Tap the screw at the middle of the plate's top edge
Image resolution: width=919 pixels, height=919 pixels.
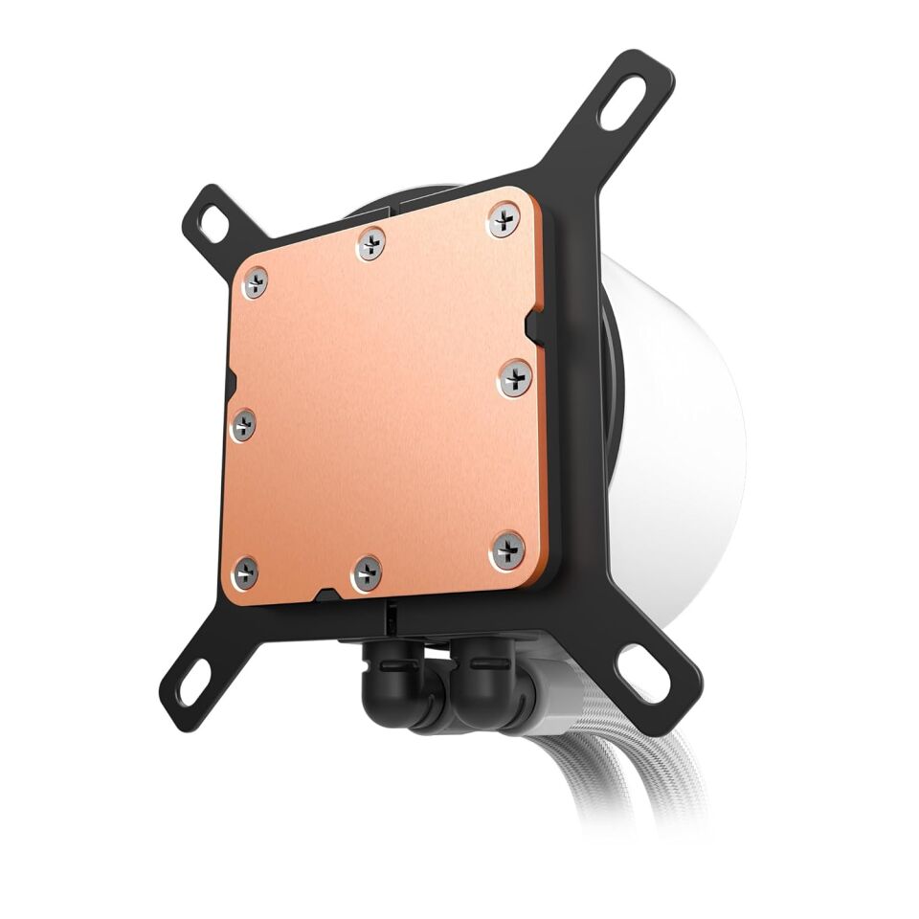point(370,243)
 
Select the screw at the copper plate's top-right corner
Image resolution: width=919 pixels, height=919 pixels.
point(504,220)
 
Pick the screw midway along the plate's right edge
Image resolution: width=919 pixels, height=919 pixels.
point(515,379)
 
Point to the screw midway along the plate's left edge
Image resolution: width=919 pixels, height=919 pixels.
point(243,424)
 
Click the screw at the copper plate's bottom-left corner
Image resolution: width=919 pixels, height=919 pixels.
point(246,572)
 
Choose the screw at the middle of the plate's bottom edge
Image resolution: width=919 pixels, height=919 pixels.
point(367,572)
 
